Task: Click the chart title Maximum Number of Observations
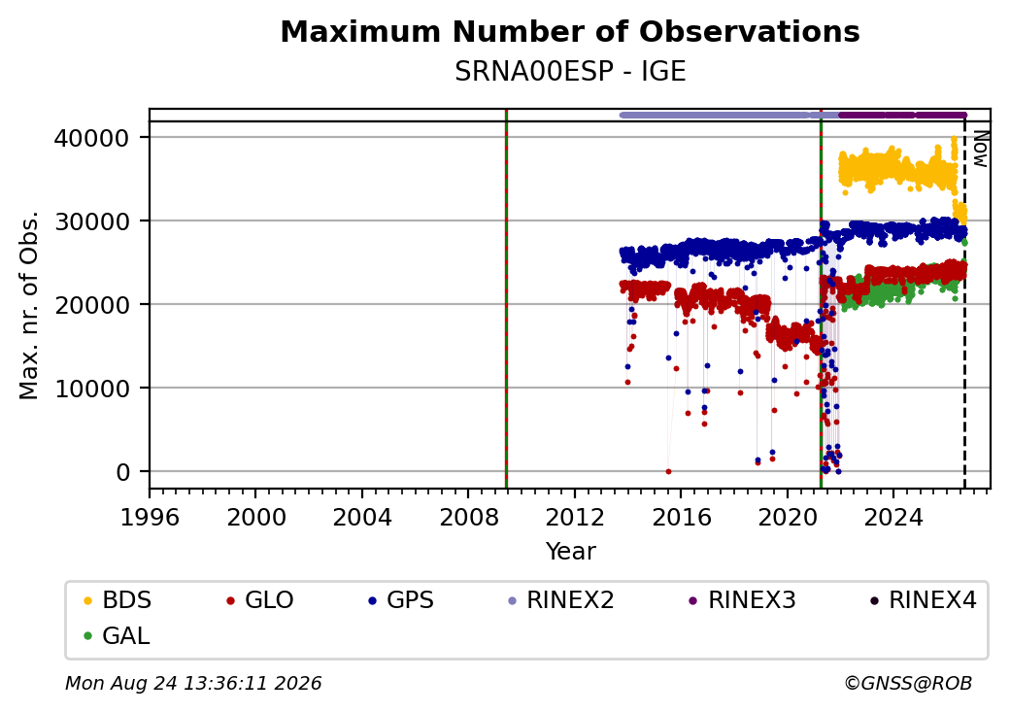point(570,31)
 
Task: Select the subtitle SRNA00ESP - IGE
point(570,72)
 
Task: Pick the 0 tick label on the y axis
point(123,472)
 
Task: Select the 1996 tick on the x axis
point(150,517)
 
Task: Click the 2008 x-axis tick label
point(468,517)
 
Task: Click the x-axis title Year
point(571,552)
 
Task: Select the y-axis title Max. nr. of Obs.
point(29,305)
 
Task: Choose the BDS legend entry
point(118,600)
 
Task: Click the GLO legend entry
point(260,600)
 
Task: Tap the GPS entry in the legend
point(401,600)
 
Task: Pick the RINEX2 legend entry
point(561,600)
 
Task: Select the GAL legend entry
point(117,635)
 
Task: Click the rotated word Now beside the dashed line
point(980,149)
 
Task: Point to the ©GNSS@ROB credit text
point(908,683)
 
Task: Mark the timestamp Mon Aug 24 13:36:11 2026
point(193,683)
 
